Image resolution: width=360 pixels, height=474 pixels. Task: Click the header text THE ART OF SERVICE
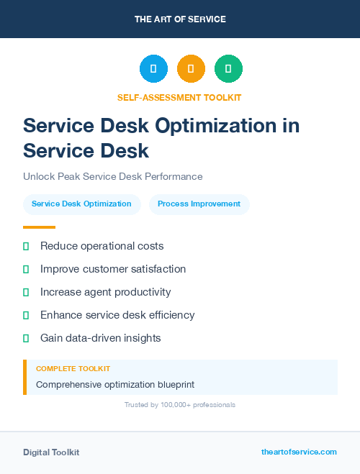[x=180, y=19]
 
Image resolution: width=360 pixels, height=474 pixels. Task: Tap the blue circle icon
[x=153, y=69]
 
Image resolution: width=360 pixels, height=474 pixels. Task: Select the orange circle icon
[x=191, y=69]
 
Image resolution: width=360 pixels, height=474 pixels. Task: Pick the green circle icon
[x=228, y=69]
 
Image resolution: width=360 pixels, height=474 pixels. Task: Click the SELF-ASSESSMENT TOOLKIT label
[x=179, y=97]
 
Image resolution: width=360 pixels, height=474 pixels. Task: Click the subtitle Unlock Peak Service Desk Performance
[x=113, y=176]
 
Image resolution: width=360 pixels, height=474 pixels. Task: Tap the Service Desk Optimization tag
[x=81, y=204]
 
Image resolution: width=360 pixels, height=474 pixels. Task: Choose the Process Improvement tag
[x=199, y=204]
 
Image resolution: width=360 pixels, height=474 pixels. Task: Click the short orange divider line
[x=39, y=227]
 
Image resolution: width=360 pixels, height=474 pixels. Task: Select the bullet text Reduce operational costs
[x=102, y=246]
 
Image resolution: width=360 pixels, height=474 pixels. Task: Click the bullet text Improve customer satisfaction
[x=113, y=269]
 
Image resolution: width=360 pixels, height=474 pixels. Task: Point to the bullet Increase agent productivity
[x=105, y=292]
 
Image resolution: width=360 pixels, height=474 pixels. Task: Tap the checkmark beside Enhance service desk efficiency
[x=26, y=315]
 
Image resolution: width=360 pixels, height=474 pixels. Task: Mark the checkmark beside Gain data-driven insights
[x=26, y=338]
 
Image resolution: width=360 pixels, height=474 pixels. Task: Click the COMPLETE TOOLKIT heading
[x=73, y=369]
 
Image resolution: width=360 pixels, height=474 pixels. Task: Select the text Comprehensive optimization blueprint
[x=115, y=384]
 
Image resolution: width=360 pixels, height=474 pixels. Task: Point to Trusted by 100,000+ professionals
[x=179, y=405]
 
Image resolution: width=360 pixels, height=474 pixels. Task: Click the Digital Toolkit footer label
[x=51, y=452]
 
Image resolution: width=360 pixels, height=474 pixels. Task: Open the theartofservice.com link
[x=299, y=452]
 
